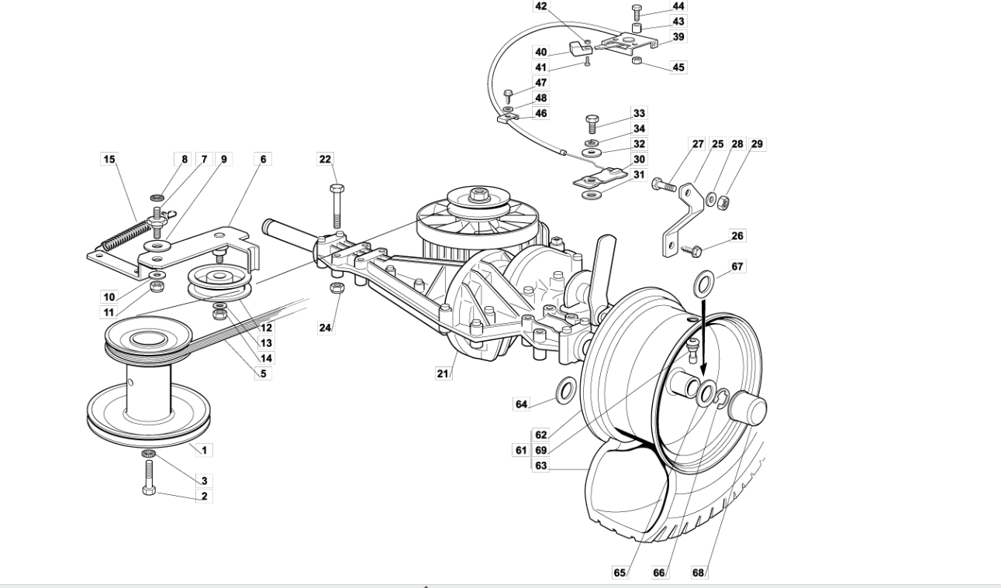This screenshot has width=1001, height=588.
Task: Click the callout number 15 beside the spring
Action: [x=109, y=159]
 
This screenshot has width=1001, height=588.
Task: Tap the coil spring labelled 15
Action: [x=127, y=236]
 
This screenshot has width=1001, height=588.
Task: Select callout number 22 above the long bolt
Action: [x=326, y=159]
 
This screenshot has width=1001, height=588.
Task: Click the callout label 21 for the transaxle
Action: [x=443, y=373]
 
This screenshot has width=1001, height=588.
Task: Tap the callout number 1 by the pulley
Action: [x=204, y=450]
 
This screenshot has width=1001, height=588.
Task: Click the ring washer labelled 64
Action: [x=566, y=390]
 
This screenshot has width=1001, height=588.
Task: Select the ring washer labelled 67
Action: [x=704, y=284]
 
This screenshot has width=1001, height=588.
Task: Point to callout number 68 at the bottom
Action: [x=698, y=573]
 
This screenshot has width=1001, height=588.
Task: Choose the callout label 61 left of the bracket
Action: [x=521, y=450]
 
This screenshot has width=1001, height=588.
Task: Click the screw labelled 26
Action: [x=691, y=250]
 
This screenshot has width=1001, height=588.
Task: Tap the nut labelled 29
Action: [x=723, y=203]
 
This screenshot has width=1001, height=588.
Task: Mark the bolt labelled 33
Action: [x=592, y=124]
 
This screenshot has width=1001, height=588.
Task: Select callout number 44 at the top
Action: [x=678, y=5]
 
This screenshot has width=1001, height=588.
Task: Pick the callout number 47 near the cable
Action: [x=540, y=83]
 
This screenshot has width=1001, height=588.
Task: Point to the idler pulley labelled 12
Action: [x=219, y=283]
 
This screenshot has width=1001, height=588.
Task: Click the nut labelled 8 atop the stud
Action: [x=157, y=198]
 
